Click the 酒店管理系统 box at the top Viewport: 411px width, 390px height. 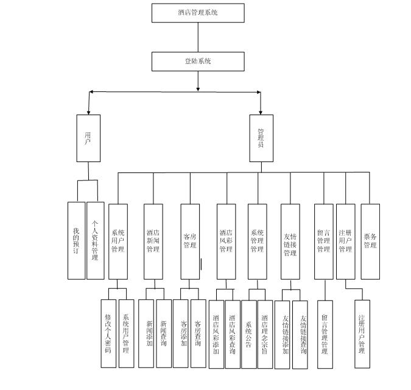pyautogui.click(x=198, y=13)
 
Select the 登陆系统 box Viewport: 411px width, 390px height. pyautogui.click(x=198, y=62)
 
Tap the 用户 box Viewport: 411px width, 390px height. pyautogui.click(x=88, y=138)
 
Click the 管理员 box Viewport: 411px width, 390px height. pyautogui.click(x=261, y=138)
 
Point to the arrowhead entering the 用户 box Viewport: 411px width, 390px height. pyautogui.click(x=88, y=112)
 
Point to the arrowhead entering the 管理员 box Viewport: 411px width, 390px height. pyautogui.click(x=261, y=112)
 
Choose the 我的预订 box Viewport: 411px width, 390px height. pyautogui.click(x=76, y=240)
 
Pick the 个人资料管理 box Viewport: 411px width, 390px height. pyautogui.click(x=95, y=240)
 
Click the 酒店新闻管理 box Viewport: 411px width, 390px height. pyautogui.click(x=153, y=241)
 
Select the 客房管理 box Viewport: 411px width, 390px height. pyautogui.click(x=190, y=241)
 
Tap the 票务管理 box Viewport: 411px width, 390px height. pyautogui.click(x=370, y=241)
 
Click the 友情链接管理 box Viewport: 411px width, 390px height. pyautogui.click(x=290, y=241)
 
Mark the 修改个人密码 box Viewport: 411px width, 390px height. pyautogui.click(x=108, y=333)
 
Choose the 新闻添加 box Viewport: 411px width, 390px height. pyautogui.click(x=147, y=333)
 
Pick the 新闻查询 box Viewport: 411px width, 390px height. pyautogui.click(x=164, y=333)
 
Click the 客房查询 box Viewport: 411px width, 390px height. pyautogui.click(x=198, y=333)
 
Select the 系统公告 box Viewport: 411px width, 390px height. pyautogui.click(x=249, y=334)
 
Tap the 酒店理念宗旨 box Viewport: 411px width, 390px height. pyautogui.click(x=265, y=334)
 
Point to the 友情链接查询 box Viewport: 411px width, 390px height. pyautogui.click(x=300, y=335)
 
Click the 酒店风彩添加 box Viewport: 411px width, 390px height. pyautogui.click(x=216, y=334)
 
